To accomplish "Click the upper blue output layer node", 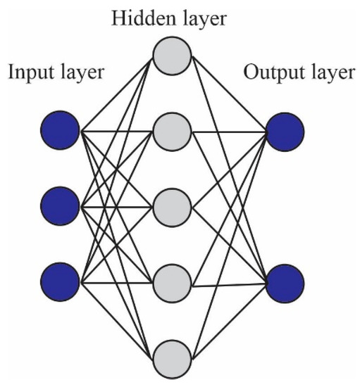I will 285,132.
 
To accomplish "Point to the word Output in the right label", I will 269,73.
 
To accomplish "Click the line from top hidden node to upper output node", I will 228,94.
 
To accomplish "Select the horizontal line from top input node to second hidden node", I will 116,132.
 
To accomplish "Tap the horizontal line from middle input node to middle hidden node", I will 116,207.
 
